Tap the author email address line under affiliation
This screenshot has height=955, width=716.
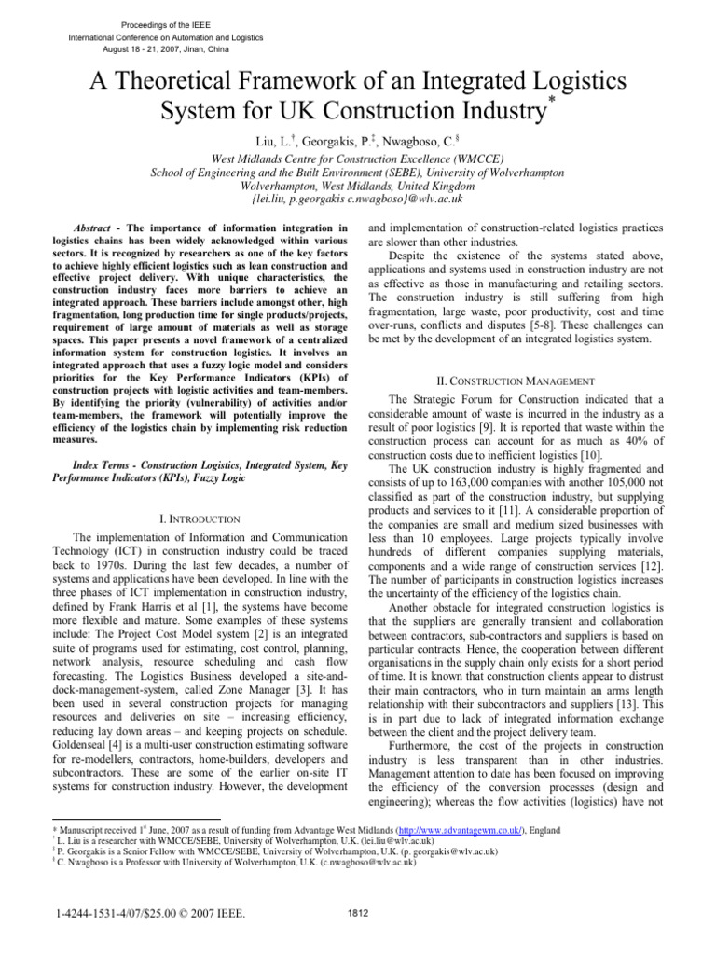tap(357, 199)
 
